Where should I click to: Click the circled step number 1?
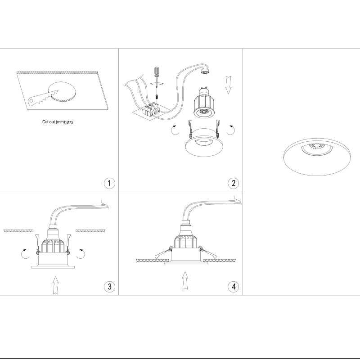click(109, 183)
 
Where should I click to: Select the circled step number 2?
click(233, 183)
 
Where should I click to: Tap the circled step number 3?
click(109, 287)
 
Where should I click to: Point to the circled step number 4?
click(233, 287)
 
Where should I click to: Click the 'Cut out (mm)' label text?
click(54, 121)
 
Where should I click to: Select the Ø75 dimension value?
click(70, 122)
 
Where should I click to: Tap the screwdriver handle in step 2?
click(157, 72)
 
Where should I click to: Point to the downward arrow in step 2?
click(228, 85)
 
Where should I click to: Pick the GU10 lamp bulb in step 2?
click(203, 103)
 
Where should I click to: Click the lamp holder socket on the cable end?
click(205, 71)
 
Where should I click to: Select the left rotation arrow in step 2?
click(175, 130)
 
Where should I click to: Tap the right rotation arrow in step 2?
click(231, 130)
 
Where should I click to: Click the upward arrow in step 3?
click(55, 285)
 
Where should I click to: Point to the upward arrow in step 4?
click(185, 280)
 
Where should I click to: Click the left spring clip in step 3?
click(38, 244)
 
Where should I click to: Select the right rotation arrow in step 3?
click(81, 254)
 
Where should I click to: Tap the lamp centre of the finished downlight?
click(317, 145)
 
